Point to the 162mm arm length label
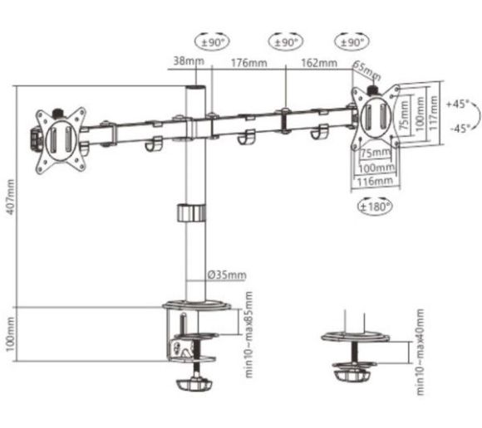click(x=319, y=61)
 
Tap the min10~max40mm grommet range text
click(x=421, y=343)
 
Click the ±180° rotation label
click(x=375, y=207)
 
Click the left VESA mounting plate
click(x=60, y=139)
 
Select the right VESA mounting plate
click(x=376, y=115)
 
